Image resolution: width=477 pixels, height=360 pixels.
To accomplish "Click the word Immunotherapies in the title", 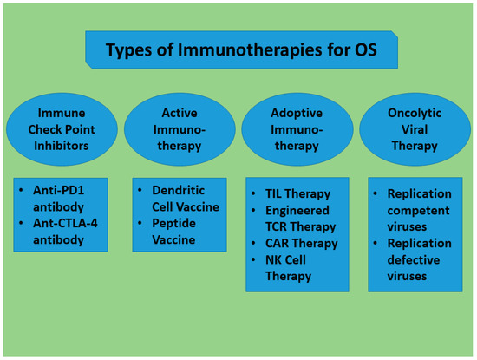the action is [250, 49].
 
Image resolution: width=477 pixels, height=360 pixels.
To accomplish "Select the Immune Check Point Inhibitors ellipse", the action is [62, 129].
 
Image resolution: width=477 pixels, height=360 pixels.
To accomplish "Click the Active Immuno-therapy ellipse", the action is [180, 129].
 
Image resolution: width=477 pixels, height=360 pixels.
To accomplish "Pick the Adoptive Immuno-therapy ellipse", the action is [297, 129].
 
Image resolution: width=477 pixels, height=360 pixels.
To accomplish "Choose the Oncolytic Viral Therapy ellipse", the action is [415, 129].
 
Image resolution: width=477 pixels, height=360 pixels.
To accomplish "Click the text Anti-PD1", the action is [58, 191].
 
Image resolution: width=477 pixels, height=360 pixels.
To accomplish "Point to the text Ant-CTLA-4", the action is [65, 223].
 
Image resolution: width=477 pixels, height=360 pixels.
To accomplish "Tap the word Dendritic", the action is [179, 191].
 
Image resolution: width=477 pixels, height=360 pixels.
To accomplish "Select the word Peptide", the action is [173, 223].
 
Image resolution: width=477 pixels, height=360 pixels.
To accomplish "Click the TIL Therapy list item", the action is [297, 194].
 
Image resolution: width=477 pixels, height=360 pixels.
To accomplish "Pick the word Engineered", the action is [297, 211].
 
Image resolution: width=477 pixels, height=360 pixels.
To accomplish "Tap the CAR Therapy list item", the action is [302, 244].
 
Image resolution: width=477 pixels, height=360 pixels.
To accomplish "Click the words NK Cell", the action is [285, 260].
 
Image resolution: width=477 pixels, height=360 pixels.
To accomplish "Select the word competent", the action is [418, 211].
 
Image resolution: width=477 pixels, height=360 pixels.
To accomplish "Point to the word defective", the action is [414, 260].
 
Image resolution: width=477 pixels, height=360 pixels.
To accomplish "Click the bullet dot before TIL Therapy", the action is [253, 193].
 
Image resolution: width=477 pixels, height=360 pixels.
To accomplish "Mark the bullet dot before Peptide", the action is [140, 223].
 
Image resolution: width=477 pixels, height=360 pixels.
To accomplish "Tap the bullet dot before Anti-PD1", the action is [21, 190].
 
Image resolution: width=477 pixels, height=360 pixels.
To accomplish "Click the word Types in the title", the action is [128, 50].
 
